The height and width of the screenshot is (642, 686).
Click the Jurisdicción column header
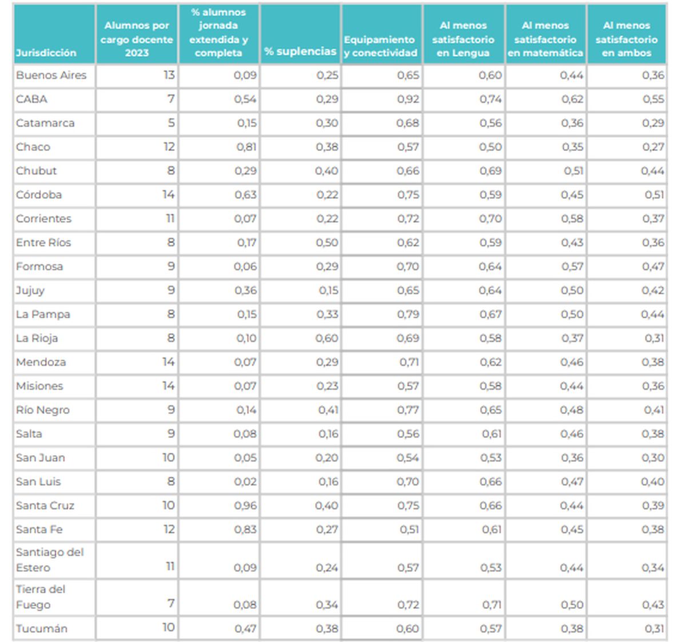coord(46,53)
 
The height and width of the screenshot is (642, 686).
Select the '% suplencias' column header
coord(300,51)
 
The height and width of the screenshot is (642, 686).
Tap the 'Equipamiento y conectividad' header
coord(381,46)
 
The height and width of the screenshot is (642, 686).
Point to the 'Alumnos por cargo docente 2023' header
coord(137,39)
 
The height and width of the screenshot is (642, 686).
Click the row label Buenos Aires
coord(51,75)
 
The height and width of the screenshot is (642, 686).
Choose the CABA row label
coord(32,99)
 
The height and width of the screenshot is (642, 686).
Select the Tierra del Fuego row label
coord(41,597)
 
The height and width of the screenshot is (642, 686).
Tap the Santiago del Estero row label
coord(50,560)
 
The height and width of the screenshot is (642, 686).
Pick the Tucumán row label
coord(42,629)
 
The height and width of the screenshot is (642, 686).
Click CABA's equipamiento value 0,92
coord(408,99)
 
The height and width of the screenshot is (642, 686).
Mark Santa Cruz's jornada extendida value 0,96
coord(246,506)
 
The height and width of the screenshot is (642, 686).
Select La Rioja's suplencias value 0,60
coord(327,338)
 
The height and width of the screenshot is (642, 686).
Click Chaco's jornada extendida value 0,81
coord(246,147)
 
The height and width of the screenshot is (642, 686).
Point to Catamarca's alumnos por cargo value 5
coord(171,123)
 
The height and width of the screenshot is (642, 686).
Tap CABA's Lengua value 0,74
coord(490,99)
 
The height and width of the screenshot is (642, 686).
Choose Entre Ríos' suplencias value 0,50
coord(327,243)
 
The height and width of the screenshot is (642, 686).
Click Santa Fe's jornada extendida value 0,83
coord(246,530)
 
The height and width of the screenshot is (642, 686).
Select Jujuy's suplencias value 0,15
coord(329,290)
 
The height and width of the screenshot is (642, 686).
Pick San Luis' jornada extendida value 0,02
coord(246,482)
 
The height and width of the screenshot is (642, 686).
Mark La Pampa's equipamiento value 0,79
coord(408,314)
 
